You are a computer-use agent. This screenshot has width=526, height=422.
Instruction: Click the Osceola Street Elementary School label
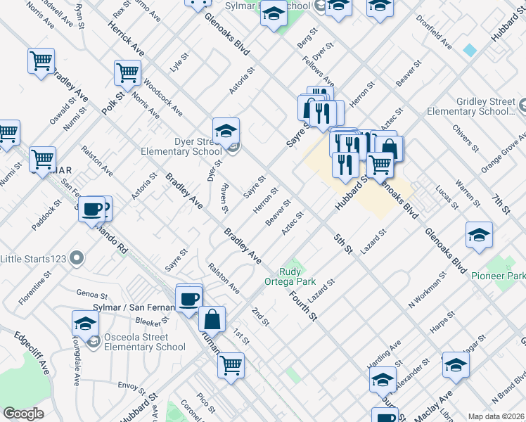[x=145, y=341]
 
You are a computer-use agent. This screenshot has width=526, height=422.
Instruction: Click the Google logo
[x=23, y=414]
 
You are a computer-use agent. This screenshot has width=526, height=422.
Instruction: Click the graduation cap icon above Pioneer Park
[x=478, y=235]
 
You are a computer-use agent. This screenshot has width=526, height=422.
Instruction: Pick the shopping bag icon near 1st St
[x=212, y=319]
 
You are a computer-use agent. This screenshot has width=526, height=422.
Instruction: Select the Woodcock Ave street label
[x=162, y=103]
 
